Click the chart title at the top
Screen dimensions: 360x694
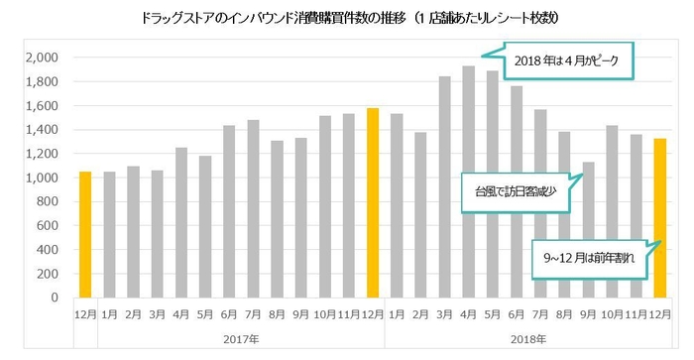click(346, 18)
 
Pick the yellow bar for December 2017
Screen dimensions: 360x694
click(373, 202)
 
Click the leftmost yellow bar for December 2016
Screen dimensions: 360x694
click(85, 234)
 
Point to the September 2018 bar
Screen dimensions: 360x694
click(588, 229)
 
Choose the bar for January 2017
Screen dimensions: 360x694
click(109, 234)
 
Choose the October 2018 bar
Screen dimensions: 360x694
click(612, 211)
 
